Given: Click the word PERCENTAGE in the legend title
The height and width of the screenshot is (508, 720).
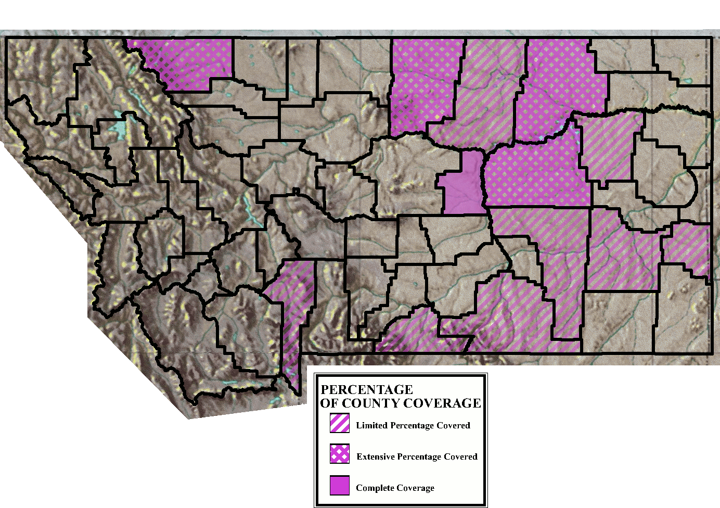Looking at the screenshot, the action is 367,390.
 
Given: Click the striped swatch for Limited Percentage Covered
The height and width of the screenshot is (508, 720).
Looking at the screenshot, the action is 340,423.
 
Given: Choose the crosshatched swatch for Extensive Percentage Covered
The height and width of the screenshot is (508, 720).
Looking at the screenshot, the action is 340,454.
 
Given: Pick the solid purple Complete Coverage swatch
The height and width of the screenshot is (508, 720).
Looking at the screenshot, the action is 340,485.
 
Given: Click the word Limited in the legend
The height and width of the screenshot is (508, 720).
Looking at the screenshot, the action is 372,426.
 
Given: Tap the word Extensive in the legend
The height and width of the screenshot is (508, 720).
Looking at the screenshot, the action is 376,457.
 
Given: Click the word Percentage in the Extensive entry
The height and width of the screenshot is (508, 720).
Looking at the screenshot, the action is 419,457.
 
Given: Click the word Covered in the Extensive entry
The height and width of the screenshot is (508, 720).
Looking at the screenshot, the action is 460,457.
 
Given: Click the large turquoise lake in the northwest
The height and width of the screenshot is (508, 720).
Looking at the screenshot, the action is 121,130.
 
